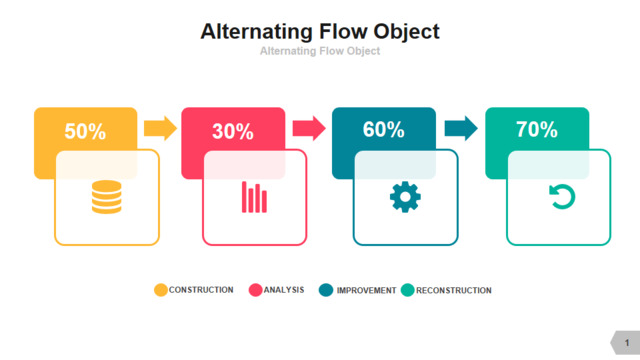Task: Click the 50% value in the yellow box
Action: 85,131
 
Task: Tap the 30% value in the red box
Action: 233,131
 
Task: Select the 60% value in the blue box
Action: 383,129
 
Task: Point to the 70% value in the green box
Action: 537,129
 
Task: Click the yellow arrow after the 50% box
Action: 160,128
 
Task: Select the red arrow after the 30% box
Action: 309,128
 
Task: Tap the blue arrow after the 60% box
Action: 461,128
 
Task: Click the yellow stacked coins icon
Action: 107,197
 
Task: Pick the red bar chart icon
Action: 254,197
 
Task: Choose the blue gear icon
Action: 405,197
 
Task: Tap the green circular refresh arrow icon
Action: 562,197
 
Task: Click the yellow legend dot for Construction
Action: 161,290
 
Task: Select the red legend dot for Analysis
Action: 256,290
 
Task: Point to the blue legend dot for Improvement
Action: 326,290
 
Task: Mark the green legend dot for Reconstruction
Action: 407,290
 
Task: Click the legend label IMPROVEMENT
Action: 367,291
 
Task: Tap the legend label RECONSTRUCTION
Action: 454,291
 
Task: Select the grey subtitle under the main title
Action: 320,51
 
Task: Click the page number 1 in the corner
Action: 627,343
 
